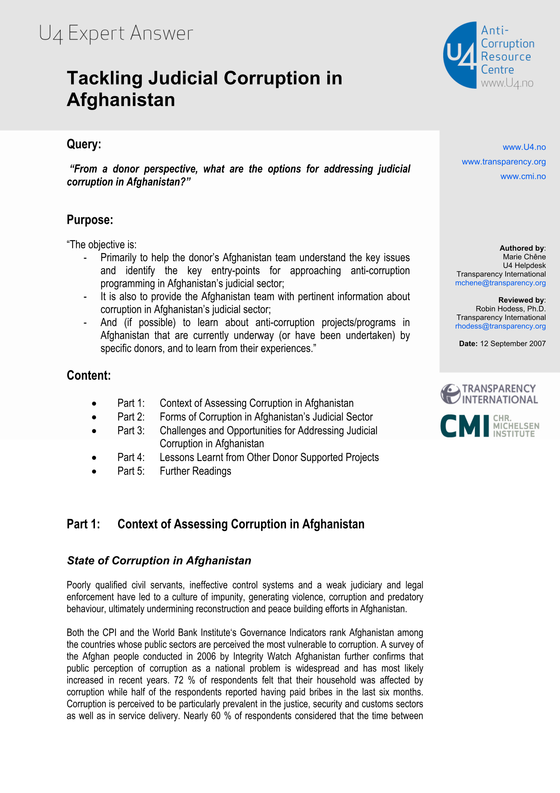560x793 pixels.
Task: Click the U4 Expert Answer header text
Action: click(x=116, y=34)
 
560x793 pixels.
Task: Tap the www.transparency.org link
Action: click(x=503, y=162)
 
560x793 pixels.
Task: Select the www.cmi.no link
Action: click(x=523, y=176)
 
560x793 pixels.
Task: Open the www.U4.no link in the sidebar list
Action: click(x=524, y=147)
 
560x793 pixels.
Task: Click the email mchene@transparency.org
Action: click(x=500, y=283)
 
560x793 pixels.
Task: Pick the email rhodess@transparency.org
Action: click(x=500, y=326)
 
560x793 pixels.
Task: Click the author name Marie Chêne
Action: click(x=524, y=257)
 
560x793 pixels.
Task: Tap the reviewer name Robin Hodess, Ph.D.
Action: click(x=510, y=309)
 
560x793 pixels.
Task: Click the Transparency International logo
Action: click(x=489, y=394)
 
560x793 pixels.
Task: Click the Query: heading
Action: click(x=84, y=144)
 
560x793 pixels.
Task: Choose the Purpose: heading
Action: click(x=90, y=220)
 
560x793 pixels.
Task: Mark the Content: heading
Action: click(x=89, y=376)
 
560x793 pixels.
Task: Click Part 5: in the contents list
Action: click(x=131, y=471)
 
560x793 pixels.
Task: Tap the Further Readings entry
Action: click(x=195, y=471)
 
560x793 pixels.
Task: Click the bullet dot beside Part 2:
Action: click(x=94, y=417)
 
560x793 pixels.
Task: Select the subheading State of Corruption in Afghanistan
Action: click(x=159, y=561)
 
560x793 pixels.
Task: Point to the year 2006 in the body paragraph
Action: click(x=206, y=657)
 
